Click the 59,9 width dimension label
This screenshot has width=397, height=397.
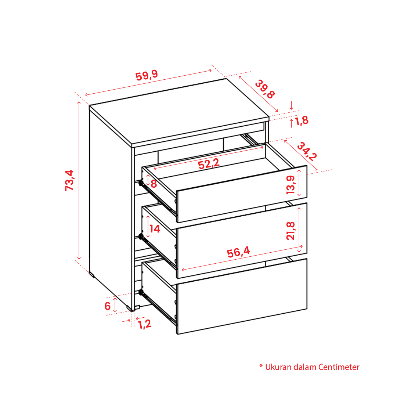[x=147, y=75]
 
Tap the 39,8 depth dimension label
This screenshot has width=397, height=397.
[x=264, y=89]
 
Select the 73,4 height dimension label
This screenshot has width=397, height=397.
[x=69, y=180]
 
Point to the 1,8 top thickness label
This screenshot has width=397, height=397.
[x=302, y=121]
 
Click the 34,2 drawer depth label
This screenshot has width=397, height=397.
[x=307, y=151]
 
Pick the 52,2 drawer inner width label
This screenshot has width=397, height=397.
[x=209, y=164]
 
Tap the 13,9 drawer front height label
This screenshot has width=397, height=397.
[x=290, y=185]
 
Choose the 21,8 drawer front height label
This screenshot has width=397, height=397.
[x=290, y=231]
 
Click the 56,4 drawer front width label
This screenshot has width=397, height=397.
[x=238, y=252]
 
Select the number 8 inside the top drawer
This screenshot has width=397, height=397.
[x=154, y=184]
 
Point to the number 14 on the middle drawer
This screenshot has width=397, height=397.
[x=155, y=229]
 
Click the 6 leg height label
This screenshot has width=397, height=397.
[x=108, y=306]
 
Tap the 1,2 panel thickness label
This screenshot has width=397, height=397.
[x=145, y=324]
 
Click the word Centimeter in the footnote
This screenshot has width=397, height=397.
[x=339, y=367]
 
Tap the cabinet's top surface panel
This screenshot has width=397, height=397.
[x=179, y=111]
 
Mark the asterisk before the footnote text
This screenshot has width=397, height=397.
[x=261, y=366]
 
